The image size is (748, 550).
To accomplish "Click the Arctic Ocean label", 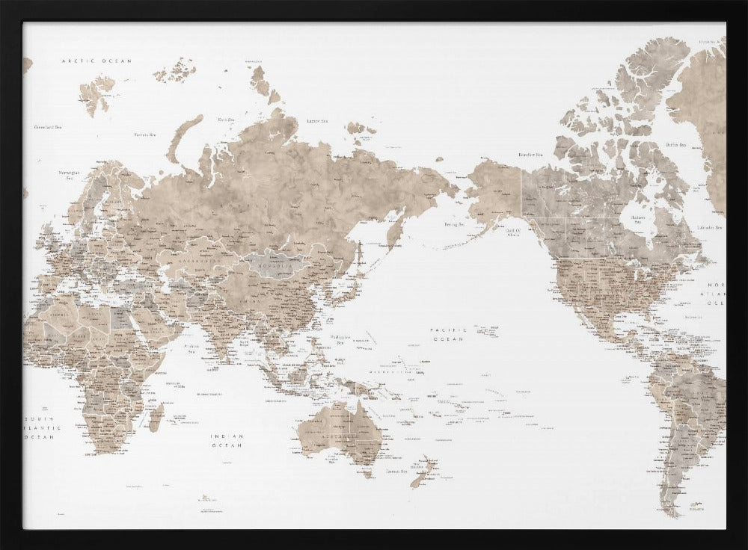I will pos(96,61).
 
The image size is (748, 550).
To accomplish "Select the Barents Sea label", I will pos(145,135).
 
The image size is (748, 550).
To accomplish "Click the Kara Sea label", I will pos(226,119).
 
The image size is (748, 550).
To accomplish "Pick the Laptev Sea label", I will pos(318,120).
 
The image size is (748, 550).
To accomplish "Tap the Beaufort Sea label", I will pos(530,155).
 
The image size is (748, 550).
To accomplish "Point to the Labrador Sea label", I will pos(708,226).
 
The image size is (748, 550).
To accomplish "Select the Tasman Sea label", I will pos(396,472).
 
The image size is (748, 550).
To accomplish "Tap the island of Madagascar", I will pos(156,417).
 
